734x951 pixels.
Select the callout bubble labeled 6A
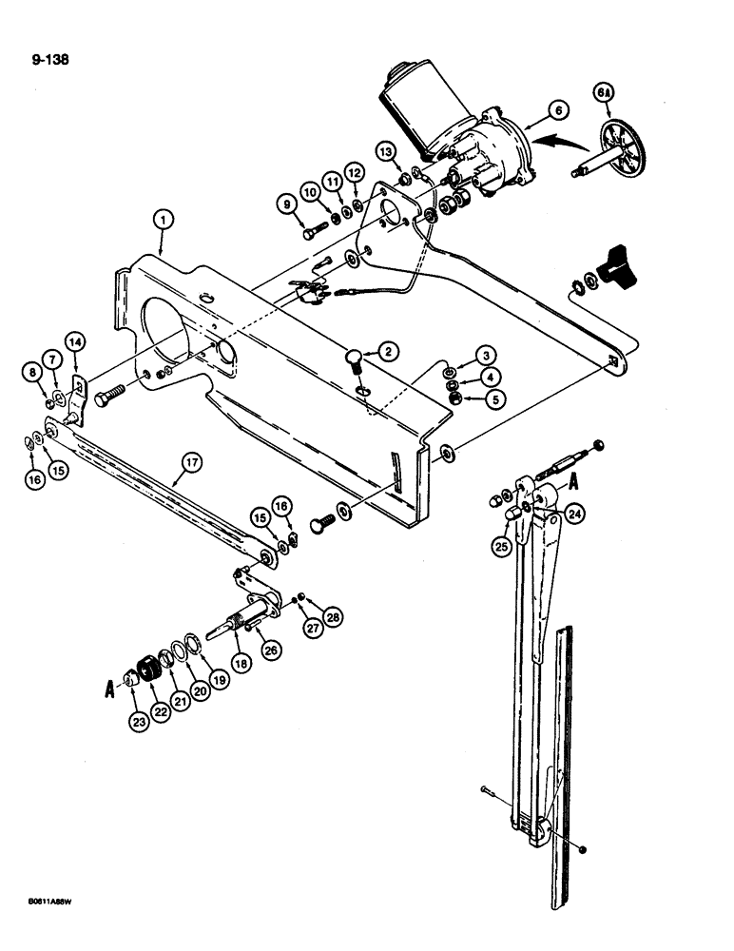tap(604, 93)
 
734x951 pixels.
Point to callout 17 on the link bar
tap(191, 465)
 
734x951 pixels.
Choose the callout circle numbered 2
tap(387, 352)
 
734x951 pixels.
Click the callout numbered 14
tap(75, 342)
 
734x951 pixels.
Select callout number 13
tap(384, 152)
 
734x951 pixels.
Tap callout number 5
tap(494, 399)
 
